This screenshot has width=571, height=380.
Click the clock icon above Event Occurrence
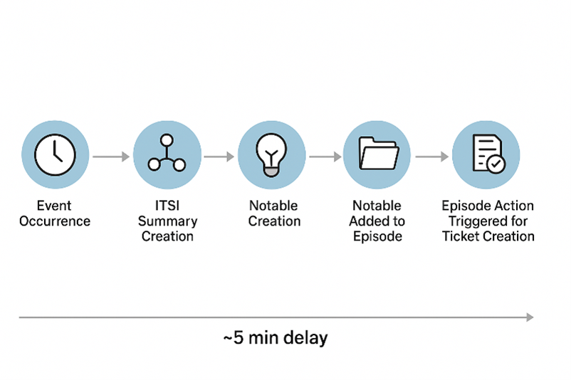(x=56, y=154)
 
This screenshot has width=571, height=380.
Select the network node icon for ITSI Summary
(x=167, y=154)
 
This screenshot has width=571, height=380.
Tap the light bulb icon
(x=271, y=154)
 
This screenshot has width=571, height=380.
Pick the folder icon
(x=377, y=154)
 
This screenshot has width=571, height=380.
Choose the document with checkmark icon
(x=487, y=154)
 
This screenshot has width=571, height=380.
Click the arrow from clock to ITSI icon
(x=110, y=155)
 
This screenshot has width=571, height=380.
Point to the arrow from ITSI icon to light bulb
(x=219, y=155)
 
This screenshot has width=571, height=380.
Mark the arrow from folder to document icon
(x=431, y=155)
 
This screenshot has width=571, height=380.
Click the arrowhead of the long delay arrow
(x=529, y=317)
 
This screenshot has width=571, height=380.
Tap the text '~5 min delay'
(x=276, y=337)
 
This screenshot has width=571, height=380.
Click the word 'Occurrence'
(x=56, y=221)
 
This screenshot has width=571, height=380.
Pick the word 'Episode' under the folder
(x=376, y=236)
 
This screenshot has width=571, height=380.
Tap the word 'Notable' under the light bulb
(x=273, y=206)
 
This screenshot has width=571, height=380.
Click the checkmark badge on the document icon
(x=496, y=164)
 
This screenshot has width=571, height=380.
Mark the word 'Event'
(x=56, y=206)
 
